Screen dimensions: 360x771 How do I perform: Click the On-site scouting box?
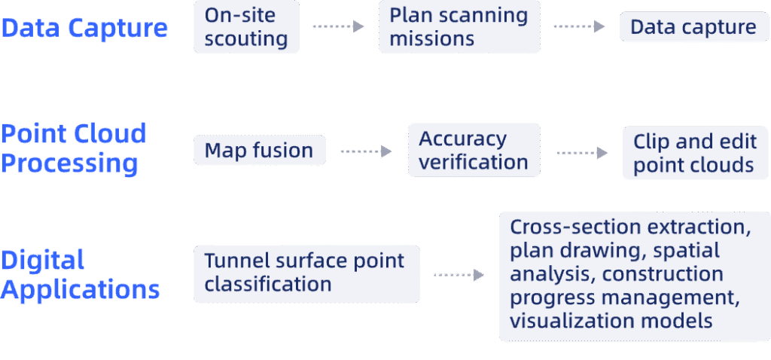246,27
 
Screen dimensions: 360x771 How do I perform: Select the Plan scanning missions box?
459,27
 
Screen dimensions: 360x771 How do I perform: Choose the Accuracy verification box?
474,151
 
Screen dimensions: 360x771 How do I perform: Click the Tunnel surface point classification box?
306,273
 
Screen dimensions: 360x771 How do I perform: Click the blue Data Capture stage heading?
84,29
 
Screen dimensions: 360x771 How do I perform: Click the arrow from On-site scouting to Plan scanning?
339,27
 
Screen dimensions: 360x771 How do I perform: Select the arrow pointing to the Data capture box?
579,27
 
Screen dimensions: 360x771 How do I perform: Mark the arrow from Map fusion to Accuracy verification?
366,151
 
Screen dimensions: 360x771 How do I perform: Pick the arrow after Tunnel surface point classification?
459,275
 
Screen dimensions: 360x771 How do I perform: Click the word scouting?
246,39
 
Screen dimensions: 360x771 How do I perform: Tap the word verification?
474,162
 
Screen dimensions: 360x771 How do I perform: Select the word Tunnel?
233,261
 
